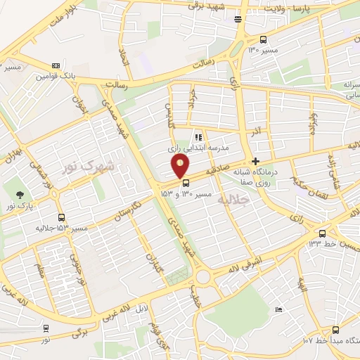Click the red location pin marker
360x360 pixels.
point(181,166)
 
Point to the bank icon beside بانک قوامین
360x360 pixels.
point(56,65)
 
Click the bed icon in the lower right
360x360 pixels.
point(279,309)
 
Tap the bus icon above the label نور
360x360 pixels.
point(46,328)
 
